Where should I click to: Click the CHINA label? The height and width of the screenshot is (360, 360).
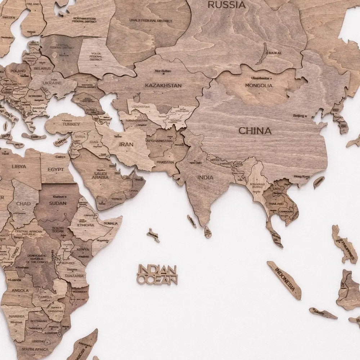(x=255, y=130)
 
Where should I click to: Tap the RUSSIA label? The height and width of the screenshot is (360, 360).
(x=227, y=5)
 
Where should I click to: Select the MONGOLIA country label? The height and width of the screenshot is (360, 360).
(x=258, y=85)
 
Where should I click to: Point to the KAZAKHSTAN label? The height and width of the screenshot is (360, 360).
(x=163, y=85)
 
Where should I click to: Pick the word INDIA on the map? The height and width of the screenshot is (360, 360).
(x=205, y=177)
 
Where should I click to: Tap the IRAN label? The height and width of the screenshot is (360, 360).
(x=126, y=144)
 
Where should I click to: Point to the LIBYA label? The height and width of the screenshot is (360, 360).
(x=19, y=167)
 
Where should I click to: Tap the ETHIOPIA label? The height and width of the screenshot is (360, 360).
(x=86, y=225)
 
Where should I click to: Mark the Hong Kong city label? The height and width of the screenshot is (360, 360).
(x=301, y=176)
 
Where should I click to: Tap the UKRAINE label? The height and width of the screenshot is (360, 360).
(x=53, y=83)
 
